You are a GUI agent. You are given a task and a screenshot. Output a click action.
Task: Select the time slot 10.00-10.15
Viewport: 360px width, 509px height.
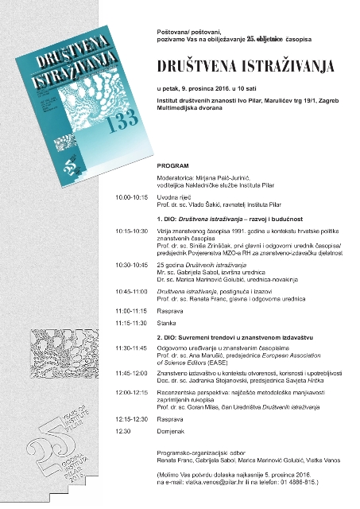click(132, 196)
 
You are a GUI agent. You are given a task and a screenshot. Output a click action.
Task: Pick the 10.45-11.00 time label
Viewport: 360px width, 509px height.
click(132, 291)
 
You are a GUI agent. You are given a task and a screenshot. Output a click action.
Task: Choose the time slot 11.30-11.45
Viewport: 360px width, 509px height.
click(132, 348)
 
